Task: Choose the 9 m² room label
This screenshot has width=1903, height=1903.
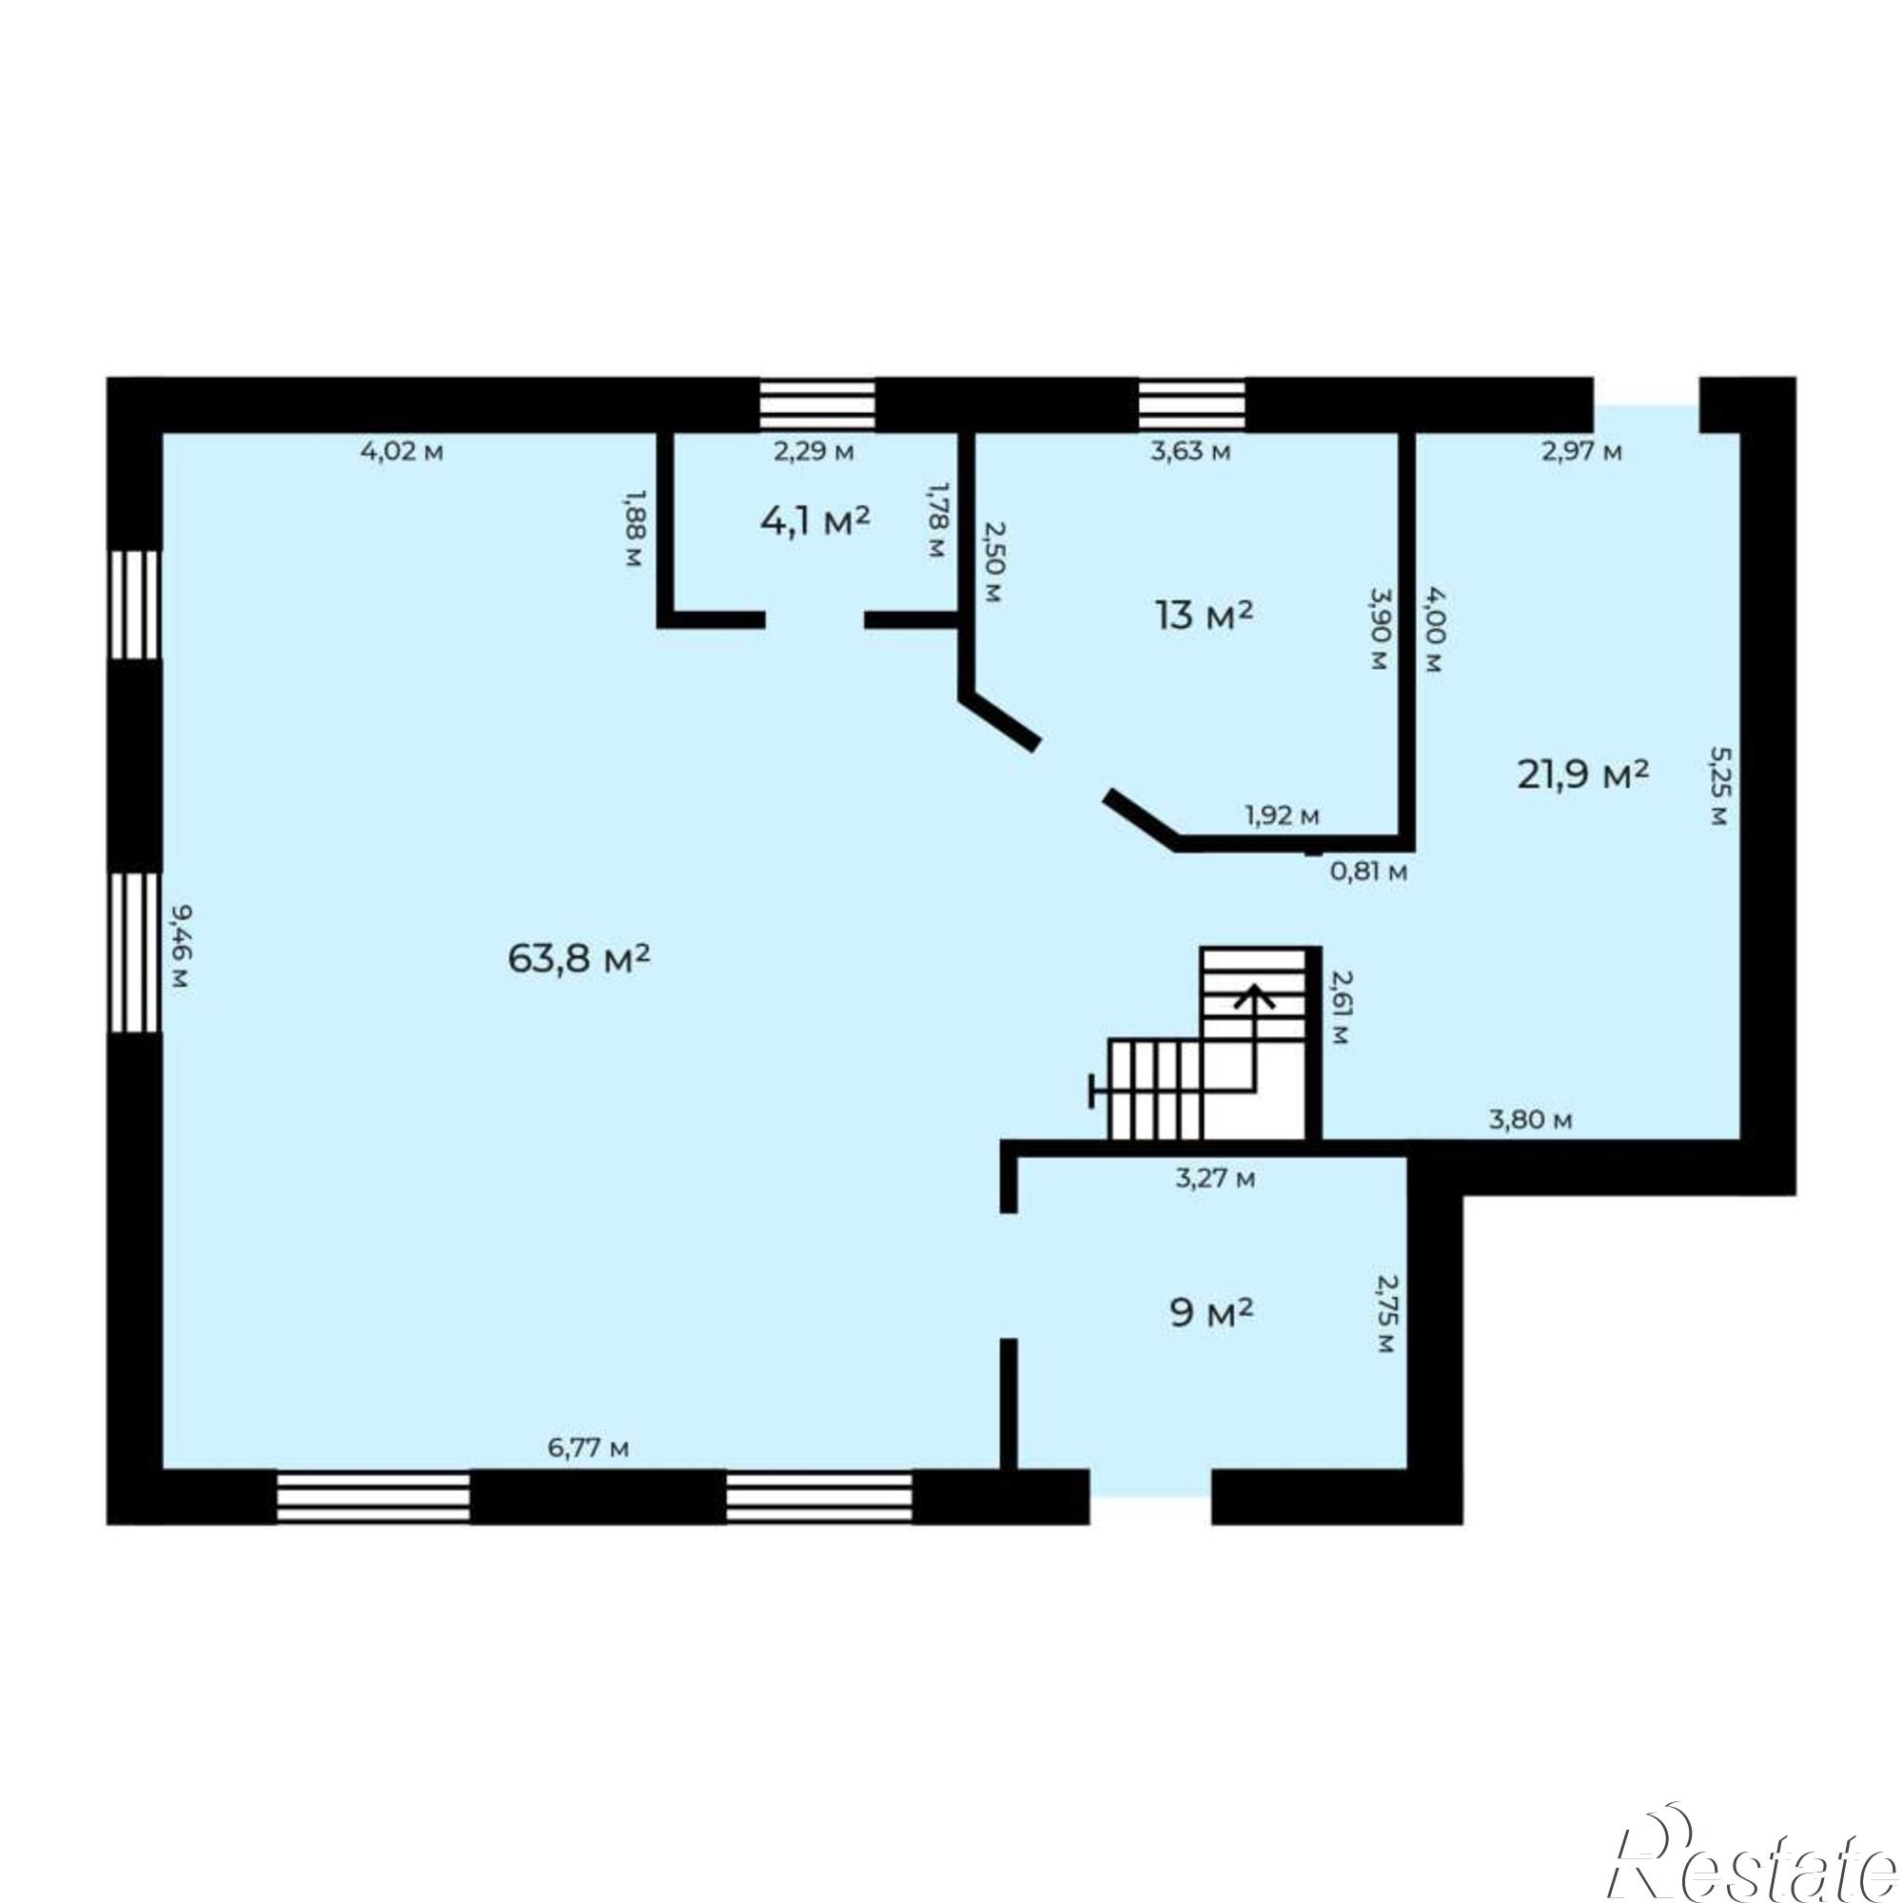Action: tap(1211, 1313)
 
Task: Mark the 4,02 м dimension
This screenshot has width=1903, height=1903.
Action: tap(402, 452)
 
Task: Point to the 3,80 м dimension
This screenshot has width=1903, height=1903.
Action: tap(1530, 1120)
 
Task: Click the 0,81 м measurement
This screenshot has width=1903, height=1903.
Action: tap(1369, 871)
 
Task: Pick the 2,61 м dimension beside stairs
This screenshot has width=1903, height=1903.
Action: tap(1340, 1008)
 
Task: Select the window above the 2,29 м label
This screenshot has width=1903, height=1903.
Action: tap(817, 404)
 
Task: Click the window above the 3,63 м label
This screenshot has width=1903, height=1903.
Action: tap(1192, 404)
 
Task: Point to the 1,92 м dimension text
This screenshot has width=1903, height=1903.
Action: tap(1282, 815)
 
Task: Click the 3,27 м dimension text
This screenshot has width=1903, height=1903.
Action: tap(1215, 1178)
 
